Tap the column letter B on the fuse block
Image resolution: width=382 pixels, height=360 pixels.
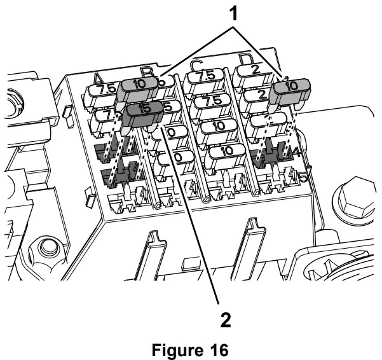[x=146, y=71]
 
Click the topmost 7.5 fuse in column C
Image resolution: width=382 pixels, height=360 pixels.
[x=207, y=77]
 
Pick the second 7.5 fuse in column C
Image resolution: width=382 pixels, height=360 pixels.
[x=214, y=102]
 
